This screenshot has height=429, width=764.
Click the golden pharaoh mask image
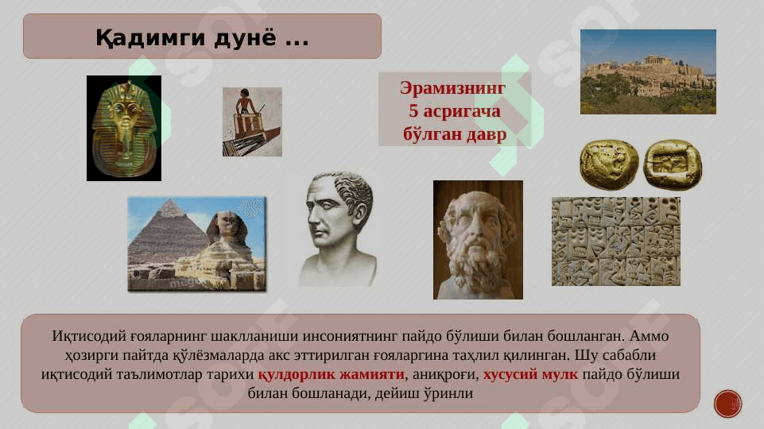[124, 128]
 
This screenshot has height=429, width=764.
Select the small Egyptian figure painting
[252, 122]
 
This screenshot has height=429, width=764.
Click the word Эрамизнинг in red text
[452, 88]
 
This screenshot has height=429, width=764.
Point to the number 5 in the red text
[413, 111]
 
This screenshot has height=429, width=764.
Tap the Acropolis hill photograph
[648, 72]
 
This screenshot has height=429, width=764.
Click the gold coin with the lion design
[609, 164]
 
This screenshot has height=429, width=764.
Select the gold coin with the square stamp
[673, 164]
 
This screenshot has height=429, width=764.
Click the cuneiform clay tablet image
[616, 242]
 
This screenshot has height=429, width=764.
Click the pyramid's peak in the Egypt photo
[169, 199]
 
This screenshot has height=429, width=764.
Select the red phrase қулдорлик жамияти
[332, 374]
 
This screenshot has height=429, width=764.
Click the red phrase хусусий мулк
[530, 374]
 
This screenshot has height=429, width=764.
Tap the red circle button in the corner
[728, 404]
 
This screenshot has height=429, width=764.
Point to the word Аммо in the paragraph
[649, 336]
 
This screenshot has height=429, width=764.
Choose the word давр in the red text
[487, 134]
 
